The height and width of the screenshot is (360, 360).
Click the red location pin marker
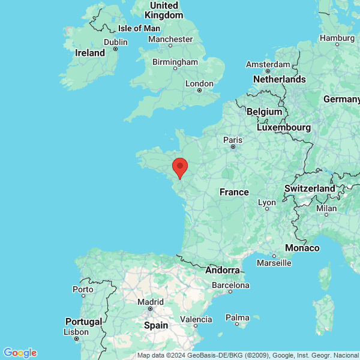click(180, 167)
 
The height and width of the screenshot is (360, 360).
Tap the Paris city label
click(233, 140)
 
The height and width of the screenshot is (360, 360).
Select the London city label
click(200, 84)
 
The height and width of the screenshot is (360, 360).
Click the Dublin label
click(115, 42)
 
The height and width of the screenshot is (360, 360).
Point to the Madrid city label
click(150, 302)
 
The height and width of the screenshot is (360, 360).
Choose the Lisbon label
click(76, 332)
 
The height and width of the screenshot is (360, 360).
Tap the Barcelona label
click(230, 286)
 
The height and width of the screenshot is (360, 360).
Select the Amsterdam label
click(269, 64)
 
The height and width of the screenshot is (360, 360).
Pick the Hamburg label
click(337, 37)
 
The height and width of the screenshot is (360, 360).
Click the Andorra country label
click(223, 271)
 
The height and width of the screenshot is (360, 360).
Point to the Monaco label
click(302, 248)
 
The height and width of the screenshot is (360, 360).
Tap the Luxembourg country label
click(284, 127)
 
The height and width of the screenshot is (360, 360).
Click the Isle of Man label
click(139, 28)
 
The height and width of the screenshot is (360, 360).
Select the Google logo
click(20, 353)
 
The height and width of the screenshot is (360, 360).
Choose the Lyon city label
click(267, 203)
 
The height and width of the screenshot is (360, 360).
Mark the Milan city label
click(326, 209)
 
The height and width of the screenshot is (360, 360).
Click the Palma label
click(238, 317)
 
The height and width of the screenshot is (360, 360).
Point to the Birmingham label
click(175, 62)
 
